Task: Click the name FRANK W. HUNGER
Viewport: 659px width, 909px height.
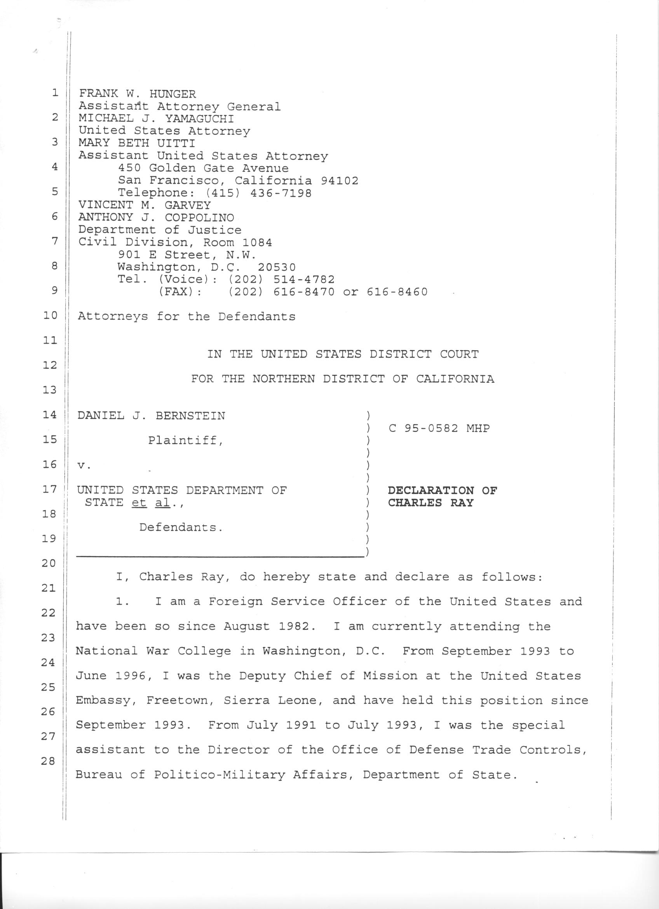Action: coord(138,94)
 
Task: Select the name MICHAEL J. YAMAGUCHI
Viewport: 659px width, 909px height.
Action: coord(156,119)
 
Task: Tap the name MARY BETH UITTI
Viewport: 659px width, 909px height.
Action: coord(137,143)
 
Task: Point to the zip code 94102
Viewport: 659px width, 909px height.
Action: coord(339,181)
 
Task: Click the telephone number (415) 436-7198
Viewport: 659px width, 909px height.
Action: coord(258,193)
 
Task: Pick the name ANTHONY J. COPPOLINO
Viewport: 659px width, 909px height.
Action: coord(156,218)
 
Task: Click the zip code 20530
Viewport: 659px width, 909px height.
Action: coord(277,267)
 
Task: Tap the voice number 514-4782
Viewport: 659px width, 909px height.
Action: coord(304,279)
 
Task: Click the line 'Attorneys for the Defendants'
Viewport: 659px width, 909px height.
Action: coord(186,317)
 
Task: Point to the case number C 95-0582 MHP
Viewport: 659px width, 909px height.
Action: coord(439,428)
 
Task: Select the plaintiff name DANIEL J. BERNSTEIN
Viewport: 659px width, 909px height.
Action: coord(151,416)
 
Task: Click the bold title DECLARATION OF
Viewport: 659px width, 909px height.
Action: coord(442,490)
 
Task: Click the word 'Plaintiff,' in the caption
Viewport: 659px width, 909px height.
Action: coord(185,441)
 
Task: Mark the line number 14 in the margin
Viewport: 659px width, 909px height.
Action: coord(49,414)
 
